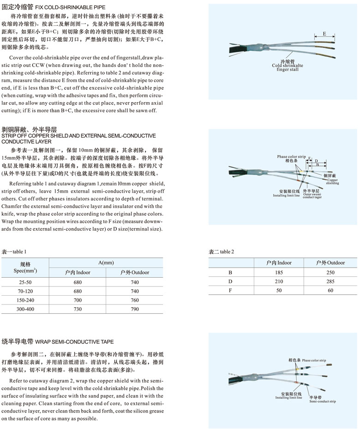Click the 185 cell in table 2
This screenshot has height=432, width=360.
279,273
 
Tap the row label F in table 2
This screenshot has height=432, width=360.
230,291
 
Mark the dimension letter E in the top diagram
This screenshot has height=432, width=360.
324,34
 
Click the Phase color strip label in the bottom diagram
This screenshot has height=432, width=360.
307,360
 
